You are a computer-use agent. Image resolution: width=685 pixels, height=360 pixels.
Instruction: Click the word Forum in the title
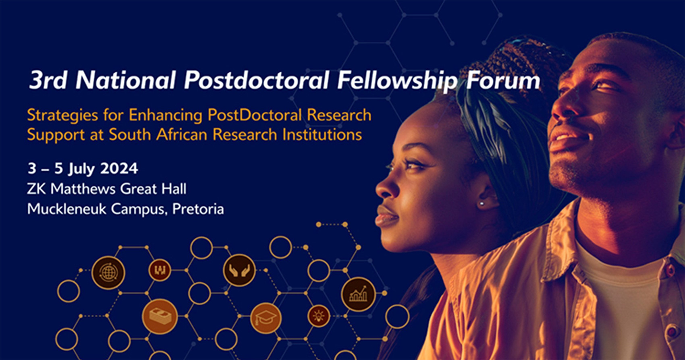click(x=503, y=81)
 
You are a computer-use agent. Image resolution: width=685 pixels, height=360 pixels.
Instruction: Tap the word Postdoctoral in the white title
click(x=256, y=80)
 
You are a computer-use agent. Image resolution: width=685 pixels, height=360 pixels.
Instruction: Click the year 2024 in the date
click(x=119, y=168)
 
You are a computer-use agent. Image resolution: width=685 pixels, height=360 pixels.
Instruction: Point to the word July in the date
click(x=81, y=169)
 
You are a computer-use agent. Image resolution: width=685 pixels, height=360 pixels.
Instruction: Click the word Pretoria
click(x=198, y=209)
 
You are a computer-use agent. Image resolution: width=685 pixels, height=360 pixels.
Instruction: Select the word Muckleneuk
click(x=66, y=209)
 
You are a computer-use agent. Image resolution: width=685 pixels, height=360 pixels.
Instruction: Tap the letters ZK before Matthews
click(x=36, y=189)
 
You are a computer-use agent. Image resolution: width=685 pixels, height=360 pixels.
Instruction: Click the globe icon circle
click(x=108, y=273)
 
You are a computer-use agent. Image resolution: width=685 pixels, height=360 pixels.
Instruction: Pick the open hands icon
click(x=239, y=270)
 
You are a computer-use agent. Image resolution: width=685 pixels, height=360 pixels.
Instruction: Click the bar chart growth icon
click(x=358, y=294)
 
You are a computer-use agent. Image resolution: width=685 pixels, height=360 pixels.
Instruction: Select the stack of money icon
click(x=160, y=317)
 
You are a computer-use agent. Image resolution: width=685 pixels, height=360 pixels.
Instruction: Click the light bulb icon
click(x=319, y=316)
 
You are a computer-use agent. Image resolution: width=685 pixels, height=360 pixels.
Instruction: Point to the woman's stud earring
click(x=482, y=203)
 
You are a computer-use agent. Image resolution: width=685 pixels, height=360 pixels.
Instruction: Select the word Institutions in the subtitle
click(x=322, y=135)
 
